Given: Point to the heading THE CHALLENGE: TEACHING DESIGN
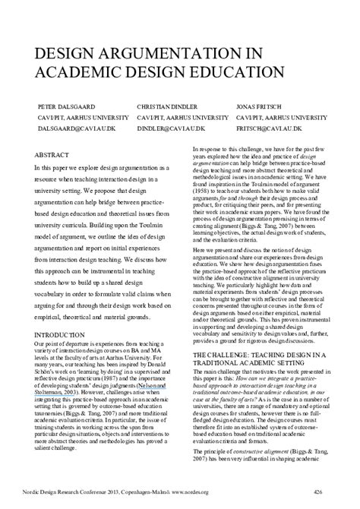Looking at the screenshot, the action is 265,356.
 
